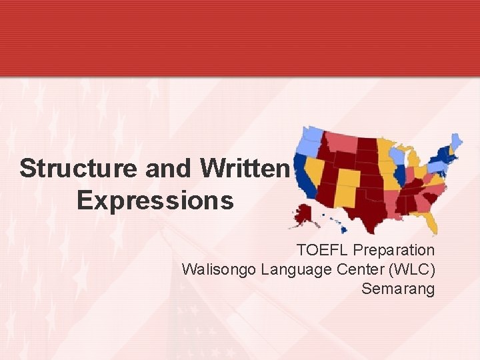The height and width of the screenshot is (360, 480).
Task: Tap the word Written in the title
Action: pyautogui.click(x=246, y=169)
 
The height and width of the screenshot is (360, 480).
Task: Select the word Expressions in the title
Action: pyautogui.click(x=155, y=200)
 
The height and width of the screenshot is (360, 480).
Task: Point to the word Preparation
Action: pyautogui.click(x=393, y=250)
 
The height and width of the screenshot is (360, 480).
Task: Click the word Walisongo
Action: pyautogui.click(x=219, y=269)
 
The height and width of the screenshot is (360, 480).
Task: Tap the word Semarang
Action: pyautogui.click(x=397, y=289)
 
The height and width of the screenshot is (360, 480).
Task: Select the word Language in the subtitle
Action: pyautogui.click(x=295, y=270)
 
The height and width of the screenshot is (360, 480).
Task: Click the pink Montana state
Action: pyautogui.click(x=341, y=142)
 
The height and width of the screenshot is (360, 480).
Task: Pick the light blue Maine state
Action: pyautogui.click(x=457, y=142)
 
